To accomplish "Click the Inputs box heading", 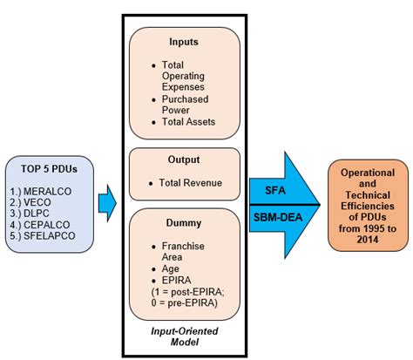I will pyautogui.click(x=184, y=42).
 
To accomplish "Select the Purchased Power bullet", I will pyautogui.click(x=184, y=103).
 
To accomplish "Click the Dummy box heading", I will pyautogui.click(x=184, y=223).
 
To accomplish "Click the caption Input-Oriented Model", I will pyautogui.click(x=184, y=339).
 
